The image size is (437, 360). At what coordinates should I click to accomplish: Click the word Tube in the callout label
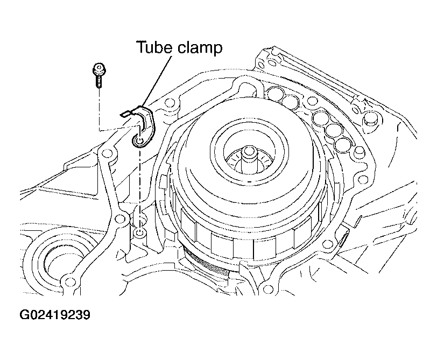tap(155, 47)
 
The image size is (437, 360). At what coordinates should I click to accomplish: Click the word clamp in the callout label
tap(200, 48)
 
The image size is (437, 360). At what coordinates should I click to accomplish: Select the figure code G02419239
tap(55, 315)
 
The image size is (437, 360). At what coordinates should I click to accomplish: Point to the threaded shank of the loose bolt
tap(98, 81)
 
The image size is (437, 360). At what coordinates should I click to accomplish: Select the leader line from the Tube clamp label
tap(157, 81)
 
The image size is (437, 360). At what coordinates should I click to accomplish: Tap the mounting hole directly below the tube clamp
tap(139, 232)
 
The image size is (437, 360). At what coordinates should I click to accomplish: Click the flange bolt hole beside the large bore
tap(68, 280)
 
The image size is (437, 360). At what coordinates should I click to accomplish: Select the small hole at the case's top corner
tap(261, 65)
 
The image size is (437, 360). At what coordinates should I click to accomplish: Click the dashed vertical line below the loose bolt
tap(99, 109)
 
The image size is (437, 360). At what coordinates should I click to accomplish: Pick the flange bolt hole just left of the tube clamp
tap(106, 153)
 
